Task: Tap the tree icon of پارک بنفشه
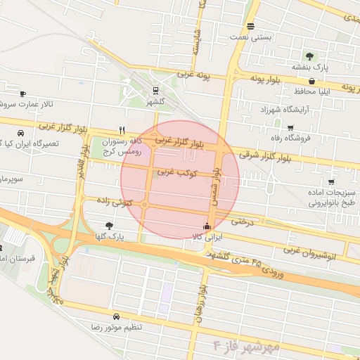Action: tap(309, 56)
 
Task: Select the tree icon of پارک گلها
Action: tap(108, 226)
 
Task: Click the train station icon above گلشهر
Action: tap(155, 90)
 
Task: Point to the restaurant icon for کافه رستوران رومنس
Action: tap(122, 130)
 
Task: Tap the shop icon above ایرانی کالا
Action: tap(206, 226)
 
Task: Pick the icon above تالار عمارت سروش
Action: tap(22, 94)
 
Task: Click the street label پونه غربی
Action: tap(193, 74)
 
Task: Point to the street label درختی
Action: tap(243, 221)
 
